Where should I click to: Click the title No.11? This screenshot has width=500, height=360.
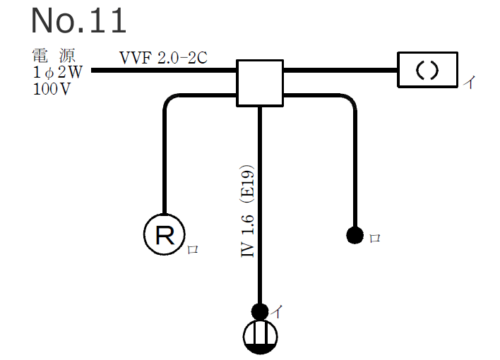click(78, 21)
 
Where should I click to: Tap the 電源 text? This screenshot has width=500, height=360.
click(52, 56)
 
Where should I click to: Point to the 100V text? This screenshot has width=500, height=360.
click(52, 90)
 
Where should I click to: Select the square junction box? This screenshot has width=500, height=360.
click(260, 83)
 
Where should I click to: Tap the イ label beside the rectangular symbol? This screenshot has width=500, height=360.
click(469, 83)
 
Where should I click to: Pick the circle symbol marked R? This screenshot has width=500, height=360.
click(165, 235)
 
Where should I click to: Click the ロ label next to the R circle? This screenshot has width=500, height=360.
click(192, 249)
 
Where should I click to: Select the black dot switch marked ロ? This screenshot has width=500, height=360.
click(355, 235)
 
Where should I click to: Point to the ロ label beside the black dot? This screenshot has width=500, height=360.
click(375, 239)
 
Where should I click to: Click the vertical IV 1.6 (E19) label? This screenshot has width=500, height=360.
click(248, 212)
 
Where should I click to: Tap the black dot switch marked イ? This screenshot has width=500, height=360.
click(260, 311)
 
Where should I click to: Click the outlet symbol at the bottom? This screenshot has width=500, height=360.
click(260, 337)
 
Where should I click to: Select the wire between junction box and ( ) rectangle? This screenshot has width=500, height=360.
click(340, 71)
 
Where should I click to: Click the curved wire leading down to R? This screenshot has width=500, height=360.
click(165, 155)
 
